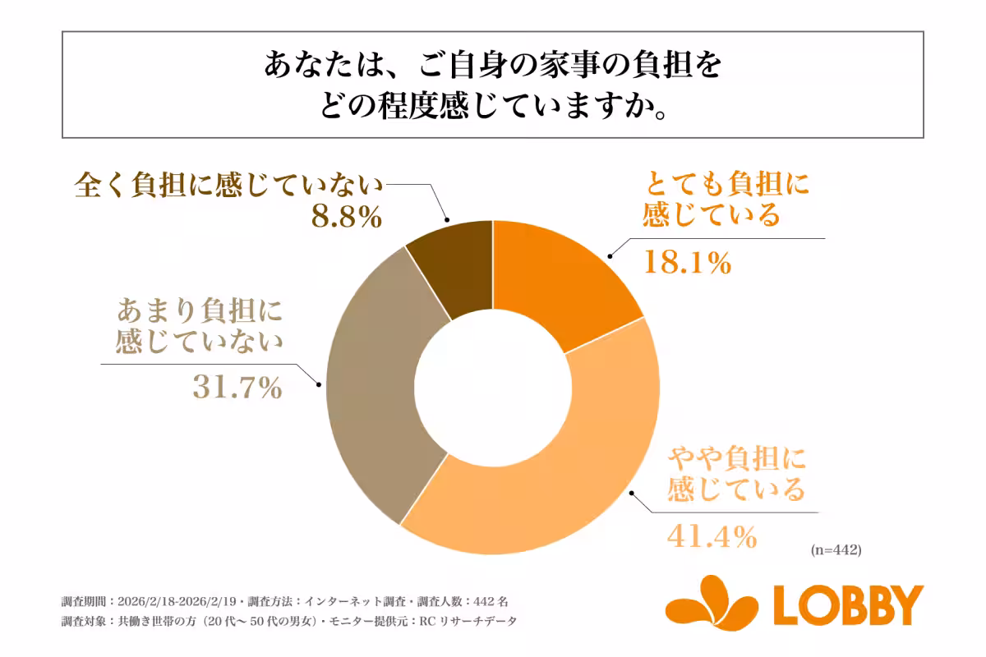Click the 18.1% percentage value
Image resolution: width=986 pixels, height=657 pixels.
click(686, 263)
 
